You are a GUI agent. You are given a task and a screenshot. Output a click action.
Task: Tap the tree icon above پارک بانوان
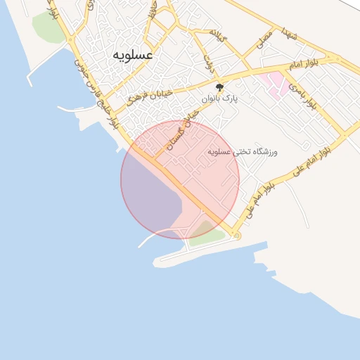click(x=220, y=88)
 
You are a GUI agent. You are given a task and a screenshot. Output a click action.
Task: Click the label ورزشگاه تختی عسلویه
click(x=243, y=151)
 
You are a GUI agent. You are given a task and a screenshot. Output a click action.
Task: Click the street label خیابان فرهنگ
click(x=150, y=94)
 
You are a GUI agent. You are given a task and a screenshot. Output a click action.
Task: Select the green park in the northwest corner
click(x=47, y=27)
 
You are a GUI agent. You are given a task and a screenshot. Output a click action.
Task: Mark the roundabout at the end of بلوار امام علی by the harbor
click(x=237, y=236)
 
